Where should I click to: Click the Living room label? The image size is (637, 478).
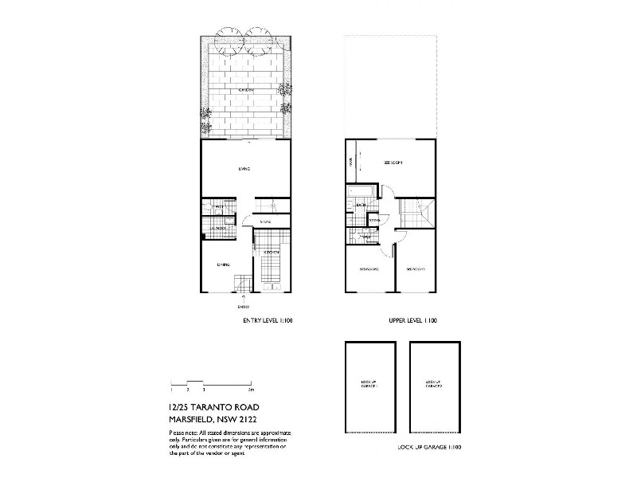coord(244,169)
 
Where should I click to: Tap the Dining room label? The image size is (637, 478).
coord(223,264)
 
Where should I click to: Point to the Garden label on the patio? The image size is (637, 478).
coord(245,91)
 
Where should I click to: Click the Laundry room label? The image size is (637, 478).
coord(219,229)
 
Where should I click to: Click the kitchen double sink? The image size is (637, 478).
coord(273,286)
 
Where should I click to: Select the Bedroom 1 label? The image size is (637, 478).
coord(393,163)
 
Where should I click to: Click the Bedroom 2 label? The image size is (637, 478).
coord(369,269)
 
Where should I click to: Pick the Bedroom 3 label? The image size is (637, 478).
coord(416,269)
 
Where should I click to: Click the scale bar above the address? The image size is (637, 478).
coord(212,385)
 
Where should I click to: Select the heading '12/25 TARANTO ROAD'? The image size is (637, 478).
coord(213,406)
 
